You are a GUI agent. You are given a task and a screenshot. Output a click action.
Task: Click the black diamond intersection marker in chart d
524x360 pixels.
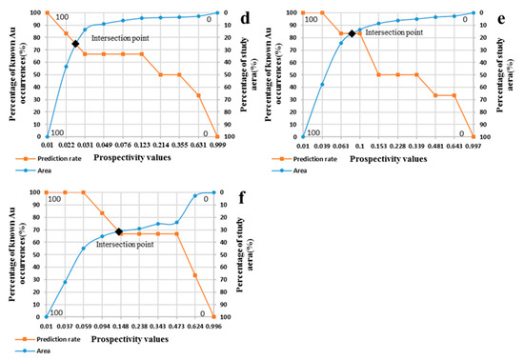coord(74,44)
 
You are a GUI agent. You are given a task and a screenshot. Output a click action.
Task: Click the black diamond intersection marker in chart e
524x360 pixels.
coord(352,33)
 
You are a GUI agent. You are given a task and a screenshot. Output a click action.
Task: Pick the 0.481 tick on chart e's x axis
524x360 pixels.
coord(435,145)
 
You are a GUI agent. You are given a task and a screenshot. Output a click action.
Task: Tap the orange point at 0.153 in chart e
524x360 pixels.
coord(378,74)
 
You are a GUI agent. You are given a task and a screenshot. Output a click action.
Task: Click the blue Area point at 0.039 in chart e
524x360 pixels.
coord(322,84)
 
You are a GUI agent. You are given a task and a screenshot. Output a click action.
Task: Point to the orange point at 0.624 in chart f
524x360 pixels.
coord(195,275)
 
